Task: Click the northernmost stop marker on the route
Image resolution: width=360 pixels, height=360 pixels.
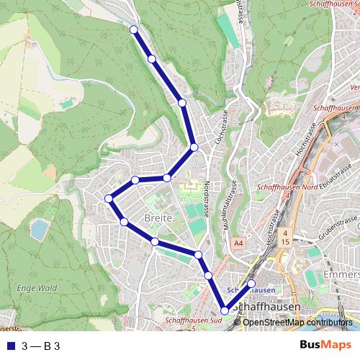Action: pos(133,29)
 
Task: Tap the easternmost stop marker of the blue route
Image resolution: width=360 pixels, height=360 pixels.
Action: pos(251,283)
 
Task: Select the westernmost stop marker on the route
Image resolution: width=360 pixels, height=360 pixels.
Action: pos(109,199)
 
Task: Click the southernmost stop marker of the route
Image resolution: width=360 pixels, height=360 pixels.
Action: pos(225,310)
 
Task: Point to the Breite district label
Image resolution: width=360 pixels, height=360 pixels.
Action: pos(158,217)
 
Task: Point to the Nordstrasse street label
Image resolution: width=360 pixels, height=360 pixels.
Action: pos(207,198)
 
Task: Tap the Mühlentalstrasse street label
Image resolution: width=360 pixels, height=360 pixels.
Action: pos(233,206)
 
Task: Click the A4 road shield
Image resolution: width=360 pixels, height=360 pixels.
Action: pos(238,245)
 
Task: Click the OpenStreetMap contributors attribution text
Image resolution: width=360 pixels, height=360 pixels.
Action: pos(297,323)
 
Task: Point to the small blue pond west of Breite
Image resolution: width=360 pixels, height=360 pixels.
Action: pos(39,229)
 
